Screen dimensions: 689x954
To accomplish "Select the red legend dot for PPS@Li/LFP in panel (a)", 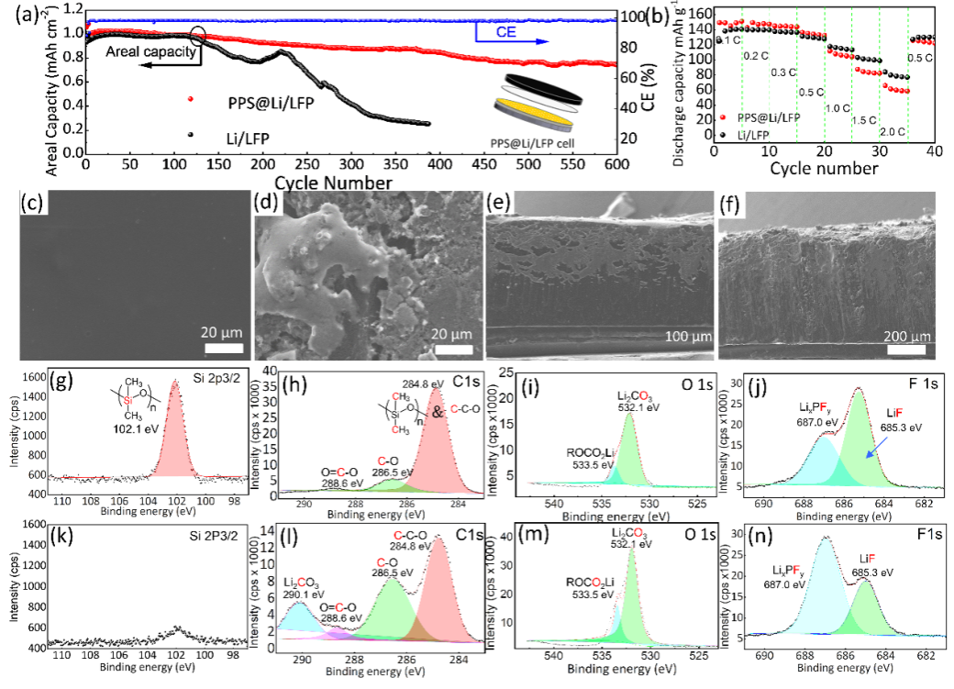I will pos(191,98).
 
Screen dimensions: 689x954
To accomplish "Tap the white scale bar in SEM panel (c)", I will pos(217,348).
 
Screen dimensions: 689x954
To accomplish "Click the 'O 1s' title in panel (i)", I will pos(680,384).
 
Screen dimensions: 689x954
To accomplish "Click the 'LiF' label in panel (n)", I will pos(866,562).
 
